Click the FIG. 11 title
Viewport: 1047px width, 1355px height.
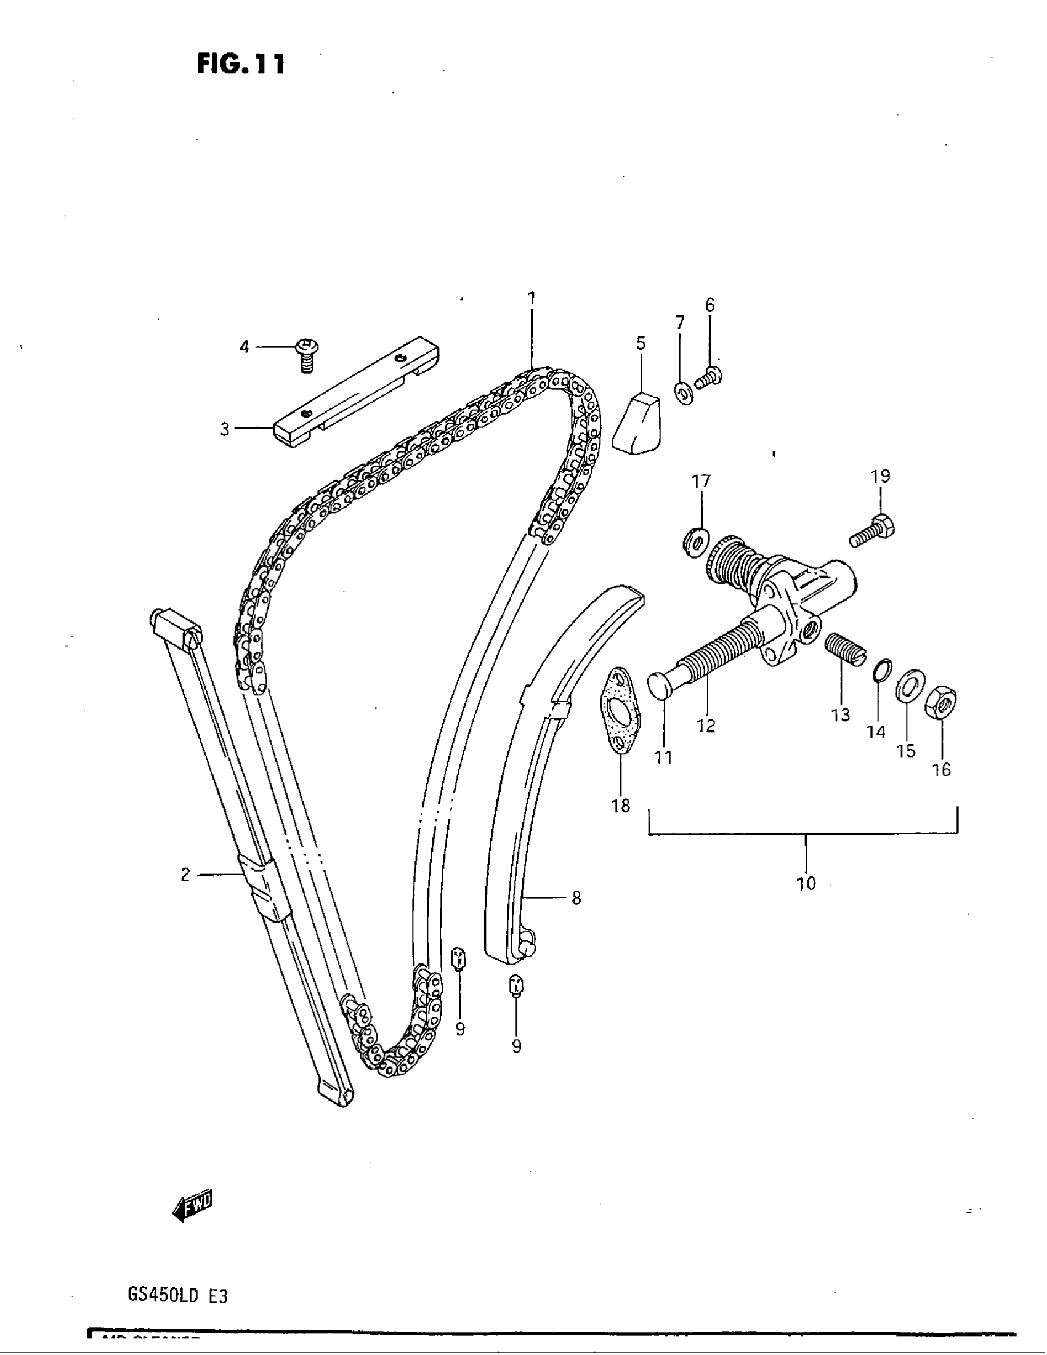pyautogui.click(x=241, y=63)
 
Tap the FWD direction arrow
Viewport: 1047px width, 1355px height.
pyautogui.click(x=193, y=1205)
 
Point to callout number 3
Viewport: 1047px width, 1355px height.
pyautogui.click(x=225, y=429)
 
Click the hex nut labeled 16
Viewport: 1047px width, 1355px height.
pyautogui.click(x=941, y=703)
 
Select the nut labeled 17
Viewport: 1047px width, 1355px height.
pyautogui.click(x=696, y=543)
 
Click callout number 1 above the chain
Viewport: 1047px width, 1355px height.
pyautogui.click(x=531, y=299)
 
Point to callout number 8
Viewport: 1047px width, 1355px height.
pyautogui.click(x=576, y=898)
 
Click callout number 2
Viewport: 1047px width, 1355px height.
pyautogui.click(x=185, y=874)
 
